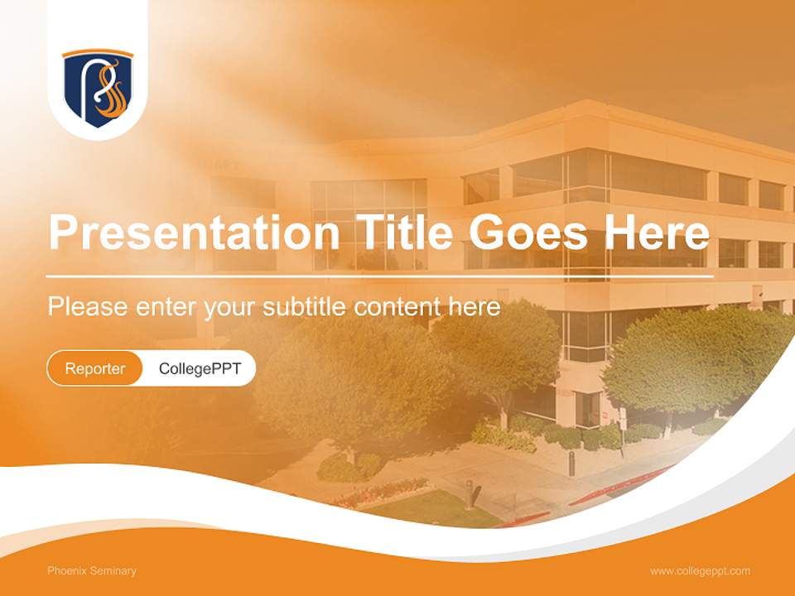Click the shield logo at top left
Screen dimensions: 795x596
[98, 88]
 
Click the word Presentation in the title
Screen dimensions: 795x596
[194, 233]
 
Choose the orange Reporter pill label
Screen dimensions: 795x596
[95, 368]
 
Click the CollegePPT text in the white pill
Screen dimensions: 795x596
[200, 368]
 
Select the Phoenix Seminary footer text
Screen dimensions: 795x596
[92, 571]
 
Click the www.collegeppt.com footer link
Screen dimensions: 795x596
[700, 571]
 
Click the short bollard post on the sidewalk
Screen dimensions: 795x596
[469, 494]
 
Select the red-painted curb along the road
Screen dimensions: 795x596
[621, 488]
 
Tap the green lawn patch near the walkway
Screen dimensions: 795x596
[431, 507]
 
